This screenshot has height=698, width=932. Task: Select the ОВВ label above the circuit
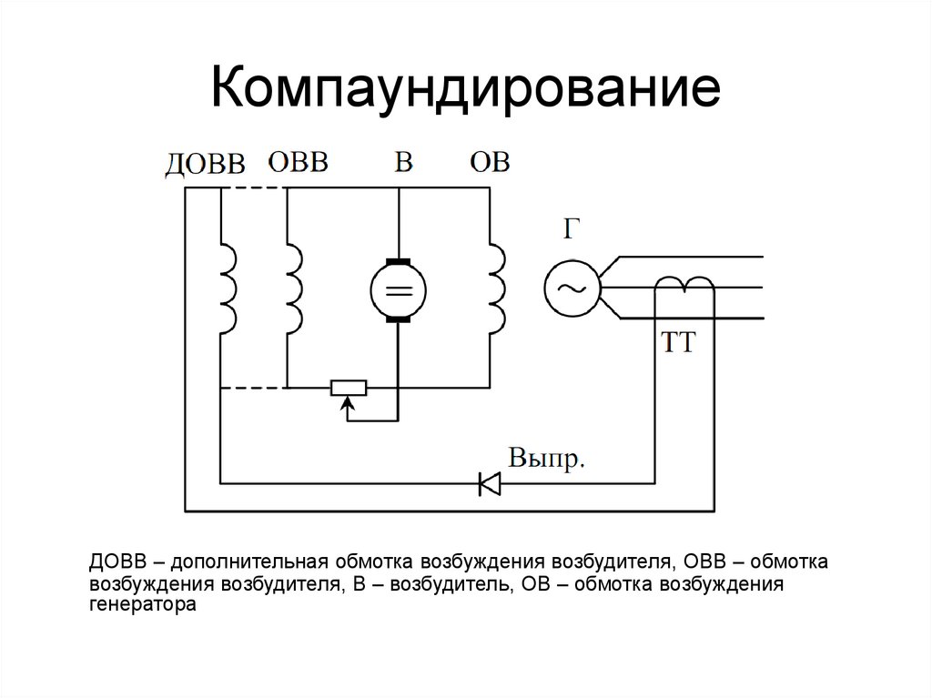point(298,163)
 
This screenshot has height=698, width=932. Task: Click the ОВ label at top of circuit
point(490,163)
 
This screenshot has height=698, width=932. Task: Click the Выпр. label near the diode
point(545,457)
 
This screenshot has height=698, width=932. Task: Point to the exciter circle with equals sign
point(398,289)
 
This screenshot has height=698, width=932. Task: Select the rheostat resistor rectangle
point(347,388)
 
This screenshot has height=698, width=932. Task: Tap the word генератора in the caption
point(143,602)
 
